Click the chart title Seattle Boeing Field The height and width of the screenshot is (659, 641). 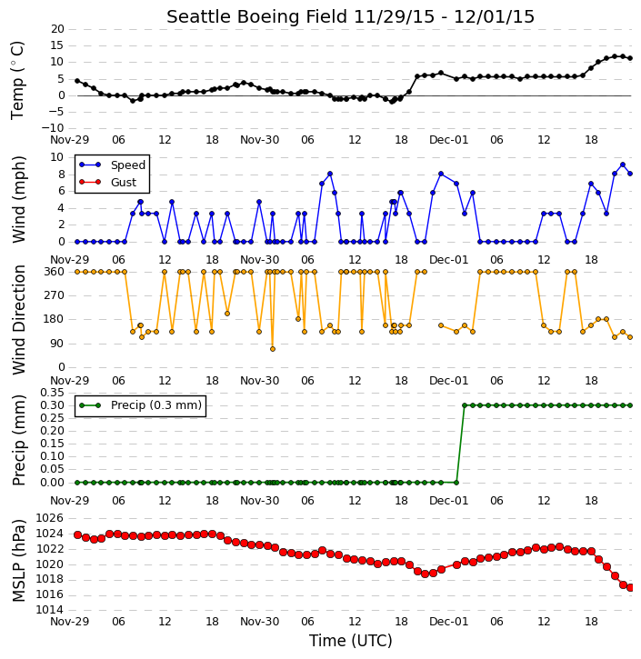click(x=256, y=16)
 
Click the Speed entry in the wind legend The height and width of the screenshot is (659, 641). click(x=128, y=165)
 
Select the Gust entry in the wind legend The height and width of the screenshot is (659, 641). click(x=124, y=183)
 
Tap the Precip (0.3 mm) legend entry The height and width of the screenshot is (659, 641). click(x=156, y=405)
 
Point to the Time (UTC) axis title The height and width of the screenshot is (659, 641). click(x=351, y=641)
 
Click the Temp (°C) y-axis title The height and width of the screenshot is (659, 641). click(x=17, y=80)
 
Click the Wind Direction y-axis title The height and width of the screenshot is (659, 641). click(x=18, y=320)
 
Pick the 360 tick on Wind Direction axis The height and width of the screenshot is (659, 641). click(x=55, y=272)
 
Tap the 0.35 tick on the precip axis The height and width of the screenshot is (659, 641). click(x=52, y=393)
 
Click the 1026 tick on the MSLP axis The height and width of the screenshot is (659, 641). click(x=50, y=518)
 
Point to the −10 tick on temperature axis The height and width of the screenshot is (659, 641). click(x=53, y=128)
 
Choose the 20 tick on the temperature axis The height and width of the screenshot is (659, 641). click(x=57, y=29)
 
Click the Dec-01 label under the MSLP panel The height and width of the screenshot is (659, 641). click(x=448, y=621)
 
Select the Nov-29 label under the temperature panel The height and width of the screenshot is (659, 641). click(x=69, y=140)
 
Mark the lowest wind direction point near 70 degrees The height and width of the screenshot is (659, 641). click(x=273, y=349)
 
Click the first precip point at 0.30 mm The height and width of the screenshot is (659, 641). click(x=465, y=405)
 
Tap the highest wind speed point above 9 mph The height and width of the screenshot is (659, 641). click(x=623, y=165)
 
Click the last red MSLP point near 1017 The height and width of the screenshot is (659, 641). click(x=630, y=587)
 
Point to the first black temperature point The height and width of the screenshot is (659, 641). click(x=77, y=81)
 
